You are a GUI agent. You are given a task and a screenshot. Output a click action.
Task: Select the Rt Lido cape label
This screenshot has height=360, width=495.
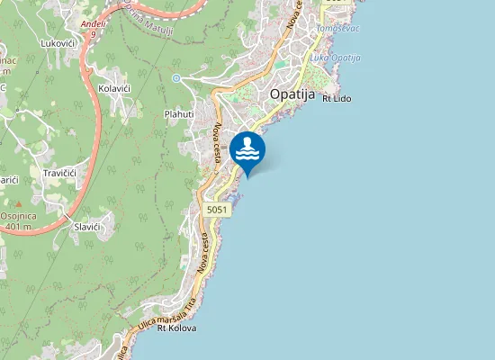[x=336, y=98]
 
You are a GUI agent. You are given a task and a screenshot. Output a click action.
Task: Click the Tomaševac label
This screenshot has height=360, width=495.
[x=337, y=29]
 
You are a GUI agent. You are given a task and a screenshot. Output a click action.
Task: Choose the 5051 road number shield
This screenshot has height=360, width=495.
[x=217, y=210]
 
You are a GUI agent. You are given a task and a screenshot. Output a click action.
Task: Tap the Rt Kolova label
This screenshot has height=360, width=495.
[x=176, y=328]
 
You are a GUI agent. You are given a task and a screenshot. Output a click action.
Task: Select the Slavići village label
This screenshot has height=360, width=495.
[x=92, y=228]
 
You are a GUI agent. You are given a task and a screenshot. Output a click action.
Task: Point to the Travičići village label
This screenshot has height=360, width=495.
[x=64, y=173]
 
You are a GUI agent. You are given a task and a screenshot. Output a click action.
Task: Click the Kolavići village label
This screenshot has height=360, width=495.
[x=116, y=89]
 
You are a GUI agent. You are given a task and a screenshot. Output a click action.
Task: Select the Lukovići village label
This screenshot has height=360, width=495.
[x=58, y=42]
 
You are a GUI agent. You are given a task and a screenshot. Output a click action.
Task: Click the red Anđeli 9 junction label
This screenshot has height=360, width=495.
[x=92, y=27]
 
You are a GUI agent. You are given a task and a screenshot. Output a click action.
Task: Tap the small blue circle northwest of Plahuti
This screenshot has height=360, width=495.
[x=176, y=78]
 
